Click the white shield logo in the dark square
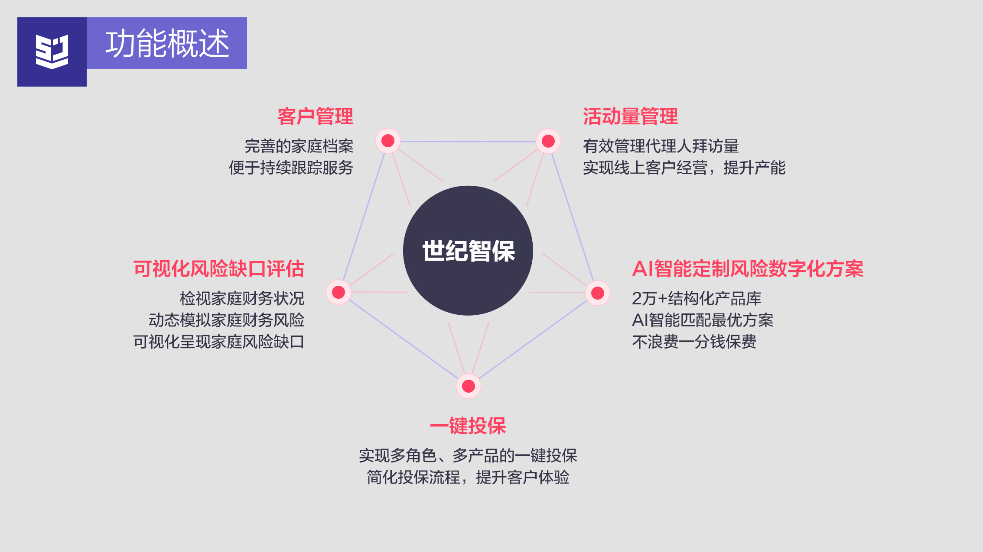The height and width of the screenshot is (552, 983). click(x=52, y=52)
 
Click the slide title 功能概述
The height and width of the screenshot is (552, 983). click(x=167, y=44)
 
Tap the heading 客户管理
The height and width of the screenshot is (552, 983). click(x=315, y=116)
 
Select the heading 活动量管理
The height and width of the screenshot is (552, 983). click(x=630, y=116)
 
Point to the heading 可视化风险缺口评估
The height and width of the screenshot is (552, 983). click(x=218, y=269)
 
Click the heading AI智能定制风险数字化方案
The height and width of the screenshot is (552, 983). click(x=748, y=269)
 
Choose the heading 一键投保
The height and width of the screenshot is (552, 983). click(x=468, y=426)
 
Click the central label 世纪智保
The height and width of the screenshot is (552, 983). click(x=468, y=251)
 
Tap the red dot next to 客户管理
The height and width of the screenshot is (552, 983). click(x=388, y=141)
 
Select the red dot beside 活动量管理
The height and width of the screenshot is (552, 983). click(x=548, y=141)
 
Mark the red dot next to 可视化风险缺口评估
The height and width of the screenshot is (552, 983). click(x=339, y=292)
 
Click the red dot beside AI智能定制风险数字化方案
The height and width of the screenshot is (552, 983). click(x=598, y=293)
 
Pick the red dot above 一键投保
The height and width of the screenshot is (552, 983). click(x=469, y=386)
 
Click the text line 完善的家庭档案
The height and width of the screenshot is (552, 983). click(x=299, y=146)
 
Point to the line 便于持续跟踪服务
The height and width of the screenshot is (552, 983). click(x=291, y=168)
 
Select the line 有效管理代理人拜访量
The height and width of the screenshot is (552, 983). click(x=661, y=146)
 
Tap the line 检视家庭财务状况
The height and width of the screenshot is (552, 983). click(x=242, y=299)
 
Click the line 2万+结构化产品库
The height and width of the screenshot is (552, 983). click(x=697, y=299)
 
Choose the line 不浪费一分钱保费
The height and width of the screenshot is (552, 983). click(x=694, y=342)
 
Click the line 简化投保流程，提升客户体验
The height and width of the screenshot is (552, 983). click(x=468, y=478)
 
